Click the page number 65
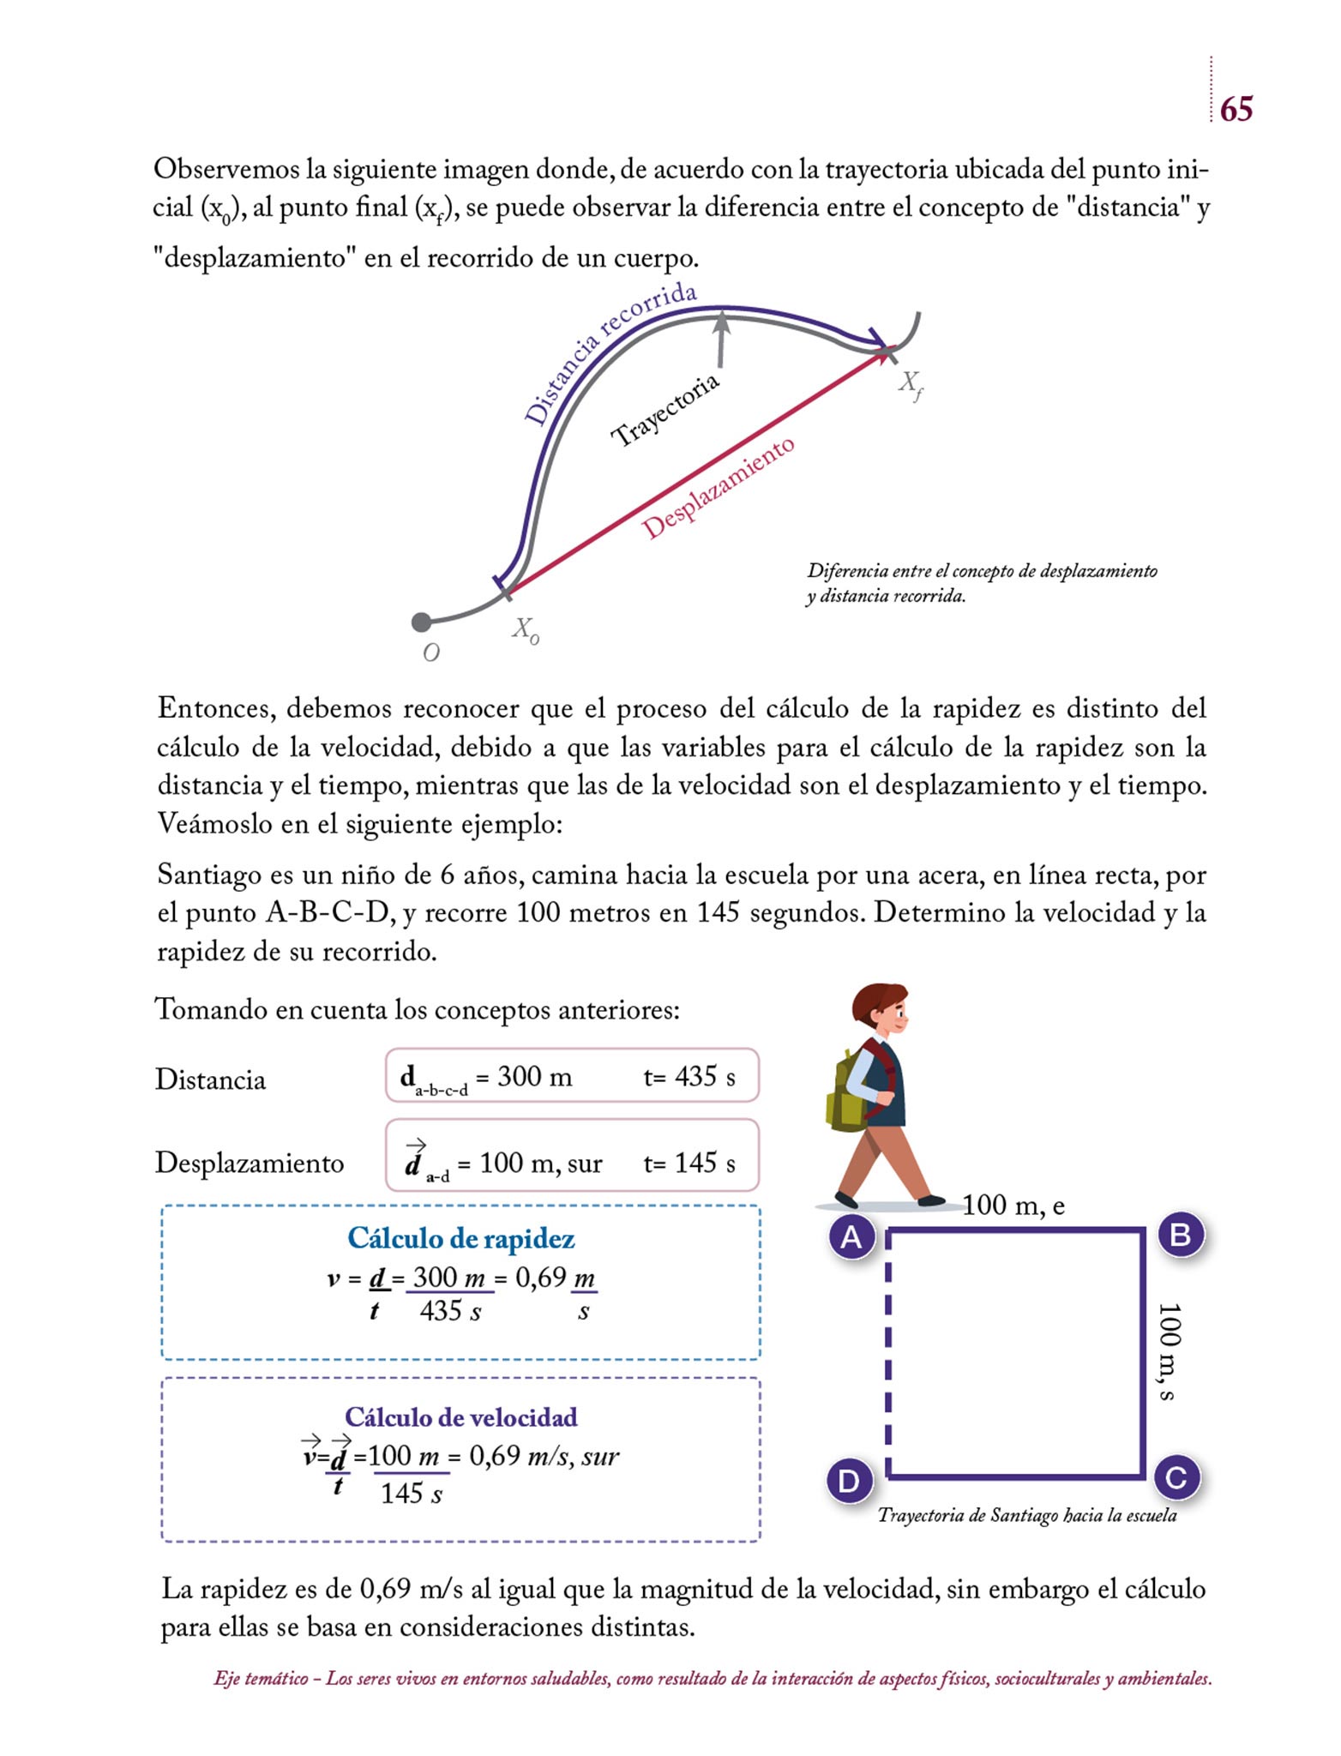pyautogui.click(x=1236, y=109)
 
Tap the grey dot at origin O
pyautogui.click(x=421, y=622)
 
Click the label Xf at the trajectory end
pyautogui.click(x=911, y=385)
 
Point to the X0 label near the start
pyautogui.click(x=525, y=631)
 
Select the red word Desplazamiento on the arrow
pyautogui.click(x=719, y=488)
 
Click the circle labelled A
pyautogui.click(x=851, y=1236)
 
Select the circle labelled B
pyautogui.click(x=1180, y=1235)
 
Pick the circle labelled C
pyautogui.click(x=1176, y=1477)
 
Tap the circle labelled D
pyautogui.click(x=849, y=1481)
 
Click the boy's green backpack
pyautogui.click(x=845, y=1090)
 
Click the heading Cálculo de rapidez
pyautogui.click(x=460, y=1238)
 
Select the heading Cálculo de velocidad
pyautogui.click(x=460, y=1416)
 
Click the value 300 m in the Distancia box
pyautogui.click(x=534, y=1076)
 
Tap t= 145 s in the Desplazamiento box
pyautogui.click(x=689, y=1163)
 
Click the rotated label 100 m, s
pyautogui.click(x=1168, y=1352)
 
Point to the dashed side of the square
pyautogui.click(x=888, y=1355)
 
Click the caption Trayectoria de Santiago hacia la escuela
pyautogui.click(x=1026, y=1515)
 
